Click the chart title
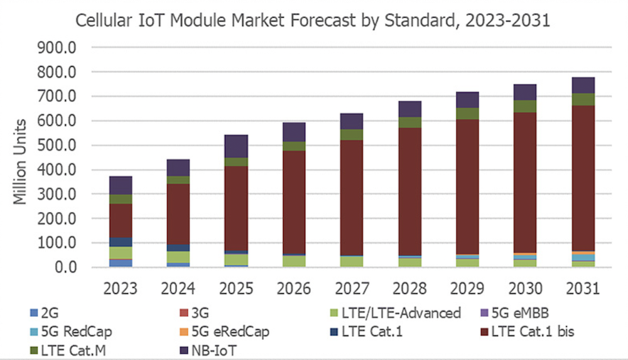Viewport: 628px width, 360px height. pyautogui.click(x=313, y=20)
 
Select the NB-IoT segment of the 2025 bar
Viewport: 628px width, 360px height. pyautogui.click(x=236, y=146)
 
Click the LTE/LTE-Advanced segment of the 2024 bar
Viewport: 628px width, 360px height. pyautogui.click(x=178, y=257)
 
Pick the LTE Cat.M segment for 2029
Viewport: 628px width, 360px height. pyautogui.click(x=467, y=113)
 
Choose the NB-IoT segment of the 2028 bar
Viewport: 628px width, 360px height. pyautogui.click(x=409, y=109)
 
